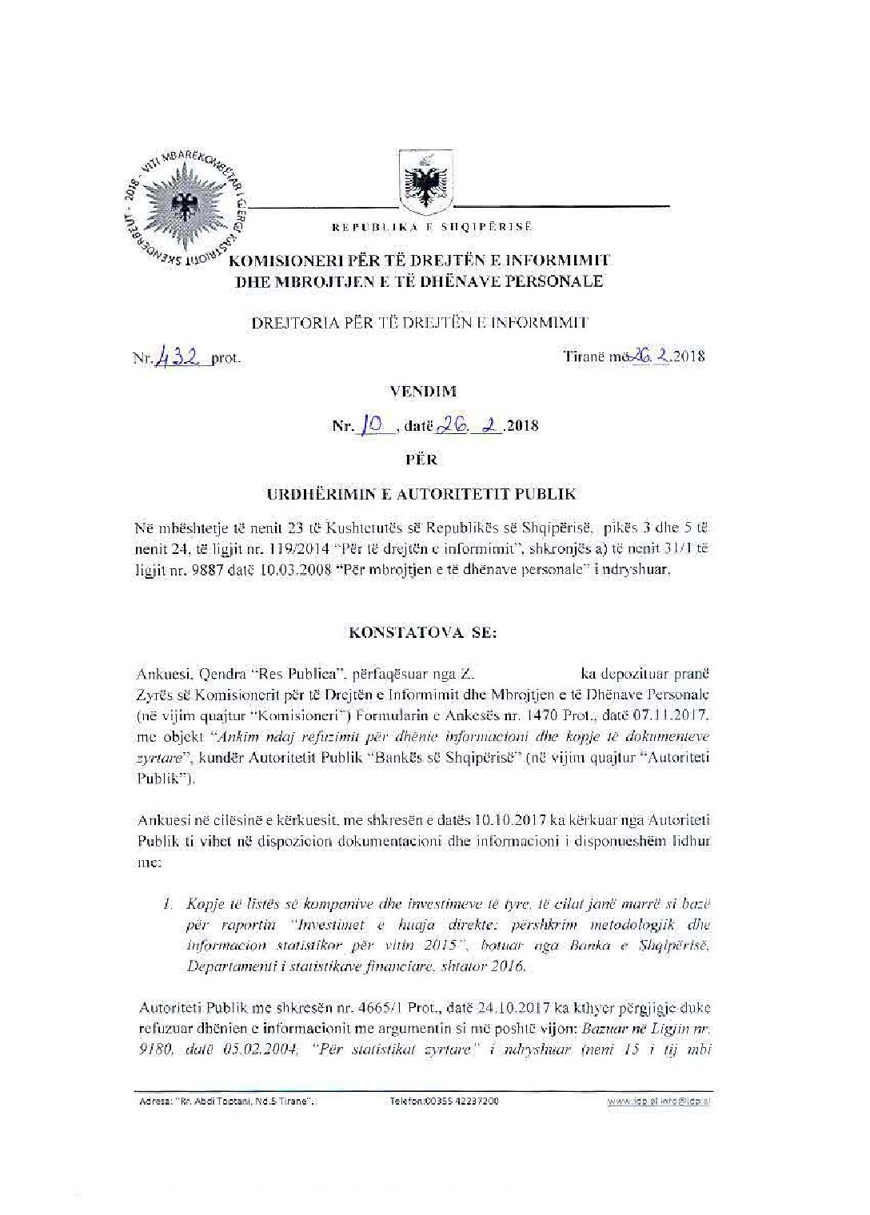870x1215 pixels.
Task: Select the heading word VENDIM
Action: click(x=434, y=392)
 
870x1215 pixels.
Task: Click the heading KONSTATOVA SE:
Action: click(x=434, y=631)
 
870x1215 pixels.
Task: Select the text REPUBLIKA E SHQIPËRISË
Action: click(x=432, y=227)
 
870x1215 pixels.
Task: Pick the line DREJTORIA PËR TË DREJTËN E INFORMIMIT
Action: click(x=419, y=323)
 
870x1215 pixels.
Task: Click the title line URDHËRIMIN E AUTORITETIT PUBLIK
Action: click(x=421, y=494)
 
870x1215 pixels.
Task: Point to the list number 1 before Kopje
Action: click(x=166, y=905)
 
